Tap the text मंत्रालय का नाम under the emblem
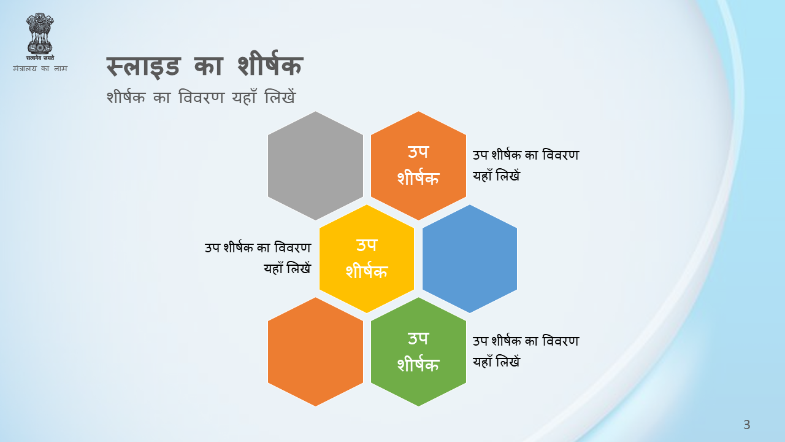click(x=40, y=68)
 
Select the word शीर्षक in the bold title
click(x=270, y=64)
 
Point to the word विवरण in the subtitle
click(x=201, y=97)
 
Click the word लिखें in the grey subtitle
click(x=280, y=96)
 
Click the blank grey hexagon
click(x=315, y=166)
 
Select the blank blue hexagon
click(x=470, y=259)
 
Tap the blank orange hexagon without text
click(x=315, y=352)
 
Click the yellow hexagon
click(x=367, y=259)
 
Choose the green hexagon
click(x=418, y=352)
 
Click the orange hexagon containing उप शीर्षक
click(x=418, y=166)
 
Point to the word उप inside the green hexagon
click(x=418, y=338)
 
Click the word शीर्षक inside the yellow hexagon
click(x=367, y=271)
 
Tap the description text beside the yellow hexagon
click(x=258, y=258)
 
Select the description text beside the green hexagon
click(x=526, y=351)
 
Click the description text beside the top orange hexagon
click(x=526, y=165)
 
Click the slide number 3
click(x=747, y=424)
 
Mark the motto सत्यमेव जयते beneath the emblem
click(x=40, y=58)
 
